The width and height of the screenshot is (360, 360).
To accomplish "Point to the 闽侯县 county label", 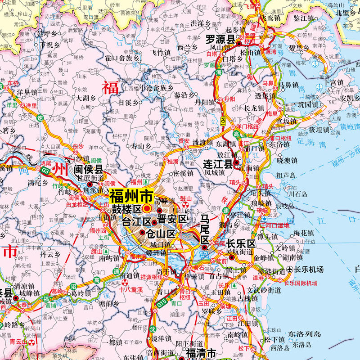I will pyautogui.click(x=89, y=170).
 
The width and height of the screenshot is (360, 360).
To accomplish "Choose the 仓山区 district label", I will pyautogui.click(x=160, y=234).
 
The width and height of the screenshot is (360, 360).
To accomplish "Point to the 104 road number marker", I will pyautogui.click(x=224, y=120).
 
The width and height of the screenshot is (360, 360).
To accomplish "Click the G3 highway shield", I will pyautogui.click(x=45, y=171).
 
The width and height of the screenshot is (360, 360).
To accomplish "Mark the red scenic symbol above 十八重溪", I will pyautogui.click(x=125, y=283).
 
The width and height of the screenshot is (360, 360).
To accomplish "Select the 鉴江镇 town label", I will pyautogui.click(x=303, y=18).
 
